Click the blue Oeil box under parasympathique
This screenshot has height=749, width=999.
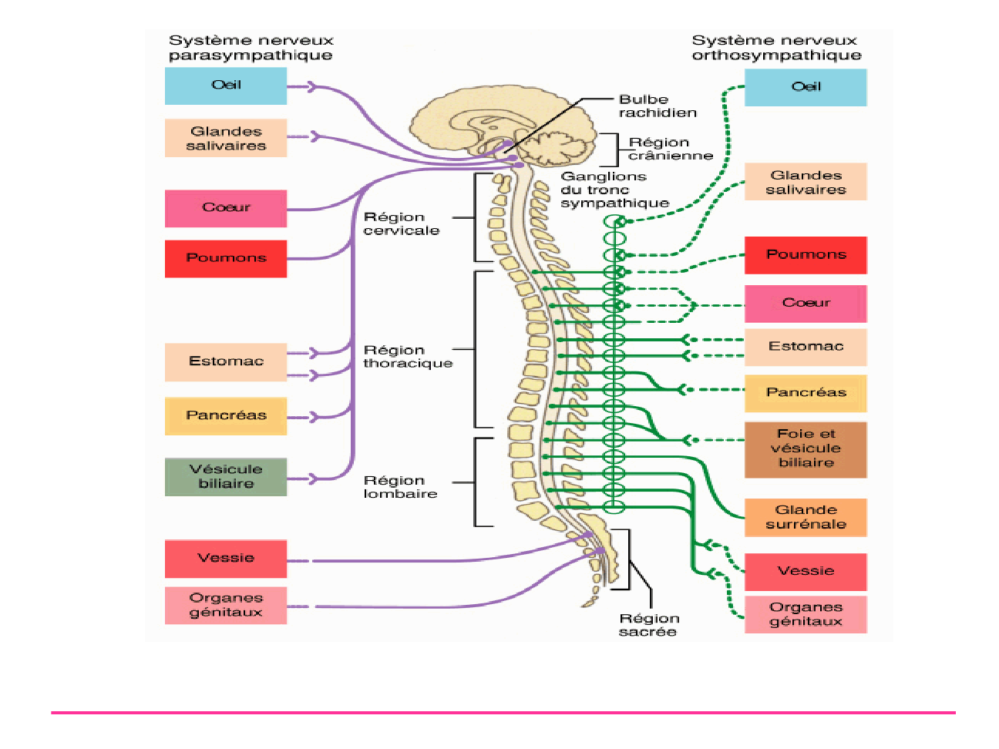point(226,86)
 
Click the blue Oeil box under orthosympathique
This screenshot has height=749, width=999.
point(806,87)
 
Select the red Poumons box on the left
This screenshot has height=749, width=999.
point(226,258)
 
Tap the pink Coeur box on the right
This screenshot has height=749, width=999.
point(806,304)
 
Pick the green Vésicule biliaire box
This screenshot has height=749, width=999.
point(226,477)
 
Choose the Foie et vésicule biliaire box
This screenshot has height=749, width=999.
point(806,449)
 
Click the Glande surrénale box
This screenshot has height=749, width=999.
point(806,517)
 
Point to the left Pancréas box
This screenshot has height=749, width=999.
point(226,416)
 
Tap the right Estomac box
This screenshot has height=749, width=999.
point(806,347)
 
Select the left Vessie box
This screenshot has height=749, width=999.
point(226,559)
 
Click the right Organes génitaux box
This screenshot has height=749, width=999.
point(806,614)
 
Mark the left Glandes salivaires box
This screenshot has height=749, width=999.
point(226,138)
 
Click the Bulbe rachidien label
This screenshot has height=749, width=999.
point(658,106)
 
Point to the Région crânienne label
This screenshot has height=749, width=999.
point(670,149)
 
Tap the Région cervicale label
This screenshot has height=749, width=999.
point(402,223)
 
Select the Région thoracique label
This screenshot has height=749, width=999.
point(408,357)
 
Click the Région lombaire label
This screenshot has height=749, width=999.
point(400,487)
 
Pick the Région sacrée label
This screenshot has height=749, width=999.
point(648,625)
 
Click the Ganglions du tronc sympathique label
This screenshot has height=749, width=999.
point(614,190)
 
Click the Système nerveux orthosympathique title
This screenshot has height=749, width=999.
point(775,48)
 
